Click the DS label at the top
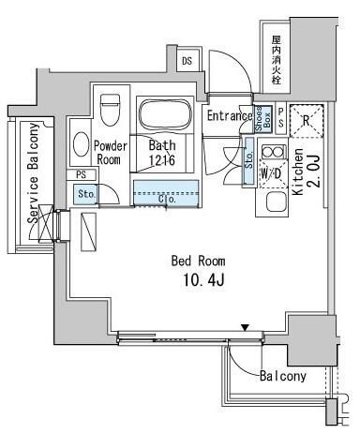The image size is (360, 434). click(187, 62)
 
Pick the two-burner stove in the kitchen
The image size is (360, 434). click(272, 153)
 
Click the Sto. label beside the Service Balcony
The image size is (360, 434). click(85, 194)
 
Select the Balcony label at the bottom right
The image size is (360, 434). click(282, 376)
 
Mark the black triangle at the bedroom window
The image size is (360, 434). click(245, 327)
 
